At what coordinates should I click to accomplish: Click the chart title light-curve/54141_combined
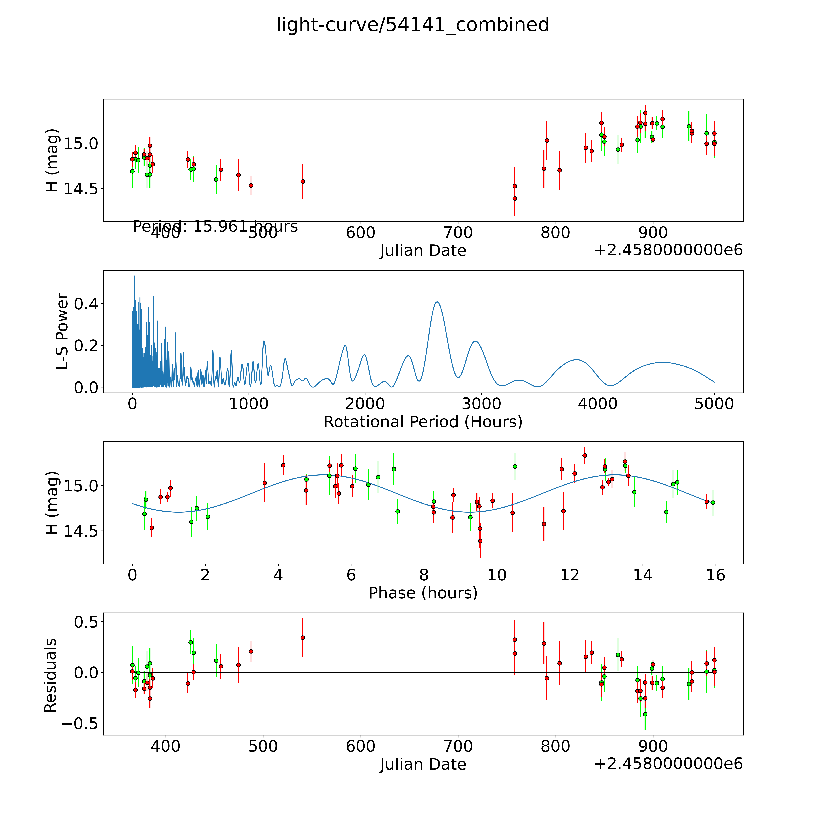[413, 25]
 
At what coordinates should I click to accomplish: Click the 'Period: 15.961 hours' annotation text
[215, 226]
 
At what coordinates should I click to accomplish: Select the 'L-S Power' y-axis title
[62, 331]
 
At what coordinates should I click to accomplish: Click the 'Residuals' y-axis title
[50, 675]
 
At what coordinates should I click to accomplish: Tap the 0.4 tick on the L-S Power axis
[86, 304]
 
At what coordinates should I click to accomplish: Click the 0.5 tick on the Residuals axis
[86, 622]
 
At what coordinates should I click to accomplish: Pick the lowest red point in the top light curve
[515, 198]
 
